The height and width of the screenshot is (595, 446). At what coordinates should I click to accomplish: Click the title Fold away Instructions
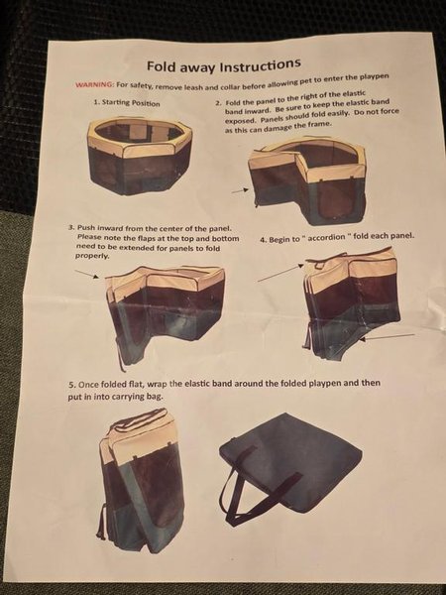pyautogui.click(x=224, y=65)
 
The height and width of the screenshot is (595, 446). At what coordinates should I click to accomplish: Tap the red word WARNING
pyautogui.click(x=94, y=84)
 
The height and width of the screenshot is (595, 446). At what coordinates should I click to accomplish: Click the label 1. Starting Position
pyautogui.click(x=127, y=102)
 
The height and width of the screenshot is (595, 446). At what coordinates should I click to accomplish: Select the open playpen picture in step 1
pyautogui.click(x=140, y=156)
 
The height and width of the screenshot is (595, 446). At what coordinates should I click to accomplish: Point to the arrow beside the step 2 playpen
pyautogui.click(x=240, y=190)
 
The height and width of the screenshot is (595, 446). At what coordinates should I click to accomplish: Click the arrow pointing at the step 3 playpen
pyautogui.click(x=87, y=274)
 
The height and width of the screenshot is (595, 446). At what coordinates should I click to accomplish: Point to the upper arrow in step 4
pyautogui.click(x=280, y=273)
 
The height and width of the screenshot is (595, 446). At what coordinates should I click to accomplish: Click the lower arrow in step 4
pyautogui.click(x=387, y=337)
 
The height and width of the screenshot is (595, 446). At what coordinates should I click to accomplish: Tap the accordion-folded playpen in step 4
pyautogui.click(x=352, y=303)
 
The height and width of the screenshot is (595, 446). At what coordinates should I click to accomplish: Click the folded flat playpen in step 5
pyautogui.click(x=141, y=479)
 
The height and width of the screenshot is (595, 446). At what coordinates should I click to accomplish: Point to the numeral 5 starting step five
pyautogui.click(x=71, y=385)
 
